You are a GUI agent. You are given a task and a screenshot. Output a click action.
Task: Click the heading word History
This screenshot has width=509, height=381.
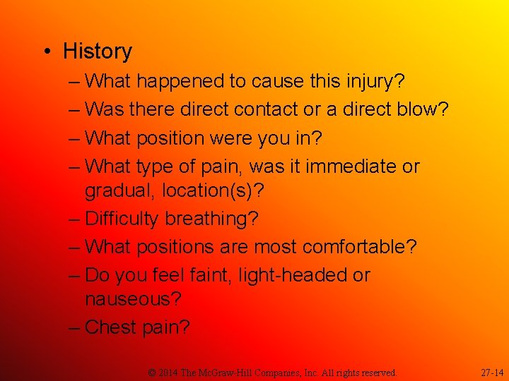coord(98,52)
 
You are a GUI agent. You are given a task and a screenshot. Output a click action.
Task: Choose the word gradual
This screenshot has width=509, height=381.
coord(118,191)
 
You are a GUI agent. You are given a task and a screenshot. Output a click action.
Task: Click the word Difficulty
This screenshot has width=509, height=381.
coord(122,219)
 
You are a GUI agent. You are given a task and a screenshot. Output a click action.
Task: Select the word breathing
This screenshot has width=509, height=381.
coord(211,219)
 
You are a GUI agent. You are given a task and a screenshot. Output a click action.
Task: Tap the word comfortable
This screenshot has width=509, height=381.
coord(359,248)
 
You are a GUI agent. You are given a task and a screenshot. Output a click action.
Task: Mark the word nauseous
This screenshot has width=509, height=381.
coord(133,299)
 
